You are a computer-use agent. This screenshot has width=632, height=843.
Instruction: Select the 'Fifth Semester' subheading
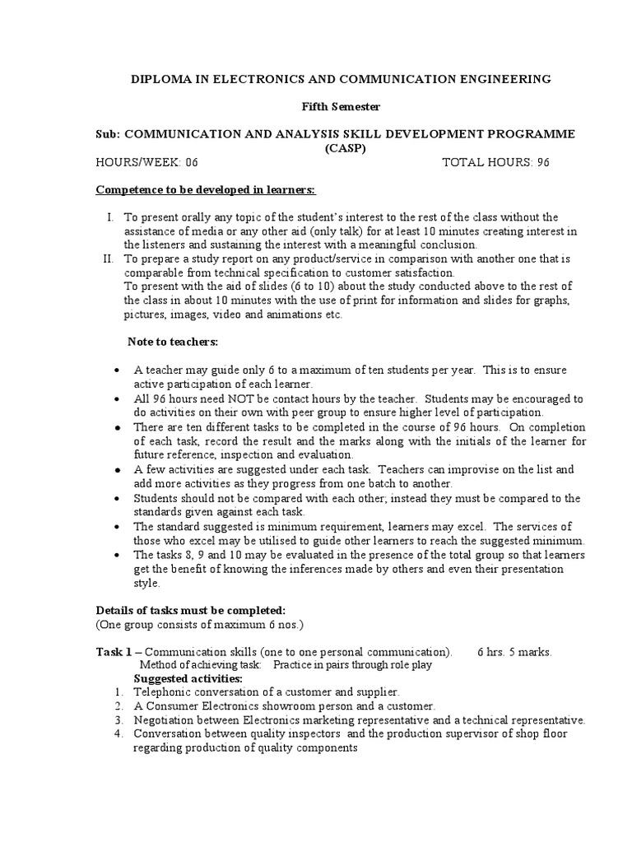[316, 106]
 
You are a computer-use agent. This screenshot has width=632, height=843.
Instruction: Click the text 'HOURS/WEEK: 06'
[146, 162]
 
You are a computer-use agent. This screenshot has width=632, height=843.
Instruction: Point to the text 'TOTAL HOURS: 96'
[495, 162]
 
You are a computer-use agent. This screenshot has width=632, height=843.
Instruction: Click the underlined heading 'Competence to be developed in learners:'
[206, 189]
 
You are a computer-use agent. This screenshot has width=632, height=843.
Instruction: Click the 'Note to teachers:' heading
[172, 342]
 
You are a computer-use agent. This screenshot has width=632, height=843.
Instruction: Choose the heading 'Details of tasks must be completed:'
[191, 610]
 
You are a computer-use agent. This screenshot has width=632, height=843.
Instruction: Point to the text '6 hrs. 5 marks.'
[514, 651]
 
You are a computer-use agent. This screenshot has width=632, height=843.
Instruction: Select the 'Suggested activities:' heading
[188, 678]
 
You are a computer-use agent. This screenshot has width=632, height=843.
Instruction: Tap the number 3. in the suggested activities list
[119, 720]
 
